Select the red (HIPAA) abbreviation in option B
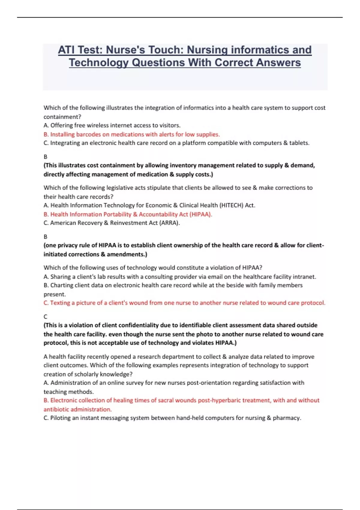tap(200, 214)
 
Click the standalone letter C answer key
tap(45, 316)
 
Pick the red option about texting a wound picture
tap(184, 303)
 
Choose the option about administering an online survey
tap(174, 383)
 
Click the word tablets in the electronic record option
tap(298, 143)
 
